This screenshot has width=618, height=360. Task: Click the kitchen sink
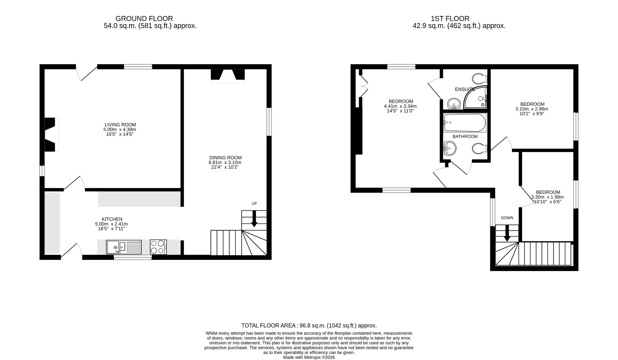(124, 247)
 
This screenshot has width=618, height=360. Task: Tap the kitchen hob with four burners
(158, 247)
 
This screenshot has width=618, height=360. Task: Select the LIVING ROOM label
(120, 125)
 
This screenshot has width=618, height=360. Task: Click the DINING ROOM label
(225, 158)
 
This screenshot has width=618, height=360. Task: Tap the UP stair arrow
(254, 219)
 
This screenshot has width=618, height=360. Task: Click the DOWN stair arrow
(507, 233)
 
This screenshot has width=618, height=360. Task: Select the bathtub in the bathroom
(465, 123)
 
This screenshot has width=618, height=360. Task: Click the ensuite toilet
(479, 79)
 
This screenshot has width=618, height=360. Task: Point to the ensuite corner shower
(475, 97)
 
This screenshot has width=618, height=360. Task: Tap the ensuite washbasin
(453, 104)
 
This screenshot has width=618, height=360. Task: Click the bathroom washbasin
(450, 148)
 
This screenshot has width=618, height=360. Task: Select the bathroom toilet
(479, 148)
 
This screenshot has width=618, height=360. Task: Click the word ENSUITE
(465, 89)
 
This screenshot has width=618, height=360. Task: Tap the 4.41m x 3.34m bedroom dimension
(400, 106)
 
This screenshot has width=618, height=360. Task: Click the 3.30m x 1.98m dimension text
(547, 197)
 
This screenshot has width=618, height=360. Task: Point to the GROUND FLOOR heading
(144, 18)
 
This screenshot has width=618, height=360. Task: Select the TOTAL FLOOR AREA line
(309, 326)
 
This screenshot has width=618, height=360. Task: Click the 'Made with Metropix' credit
(309, 357)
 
